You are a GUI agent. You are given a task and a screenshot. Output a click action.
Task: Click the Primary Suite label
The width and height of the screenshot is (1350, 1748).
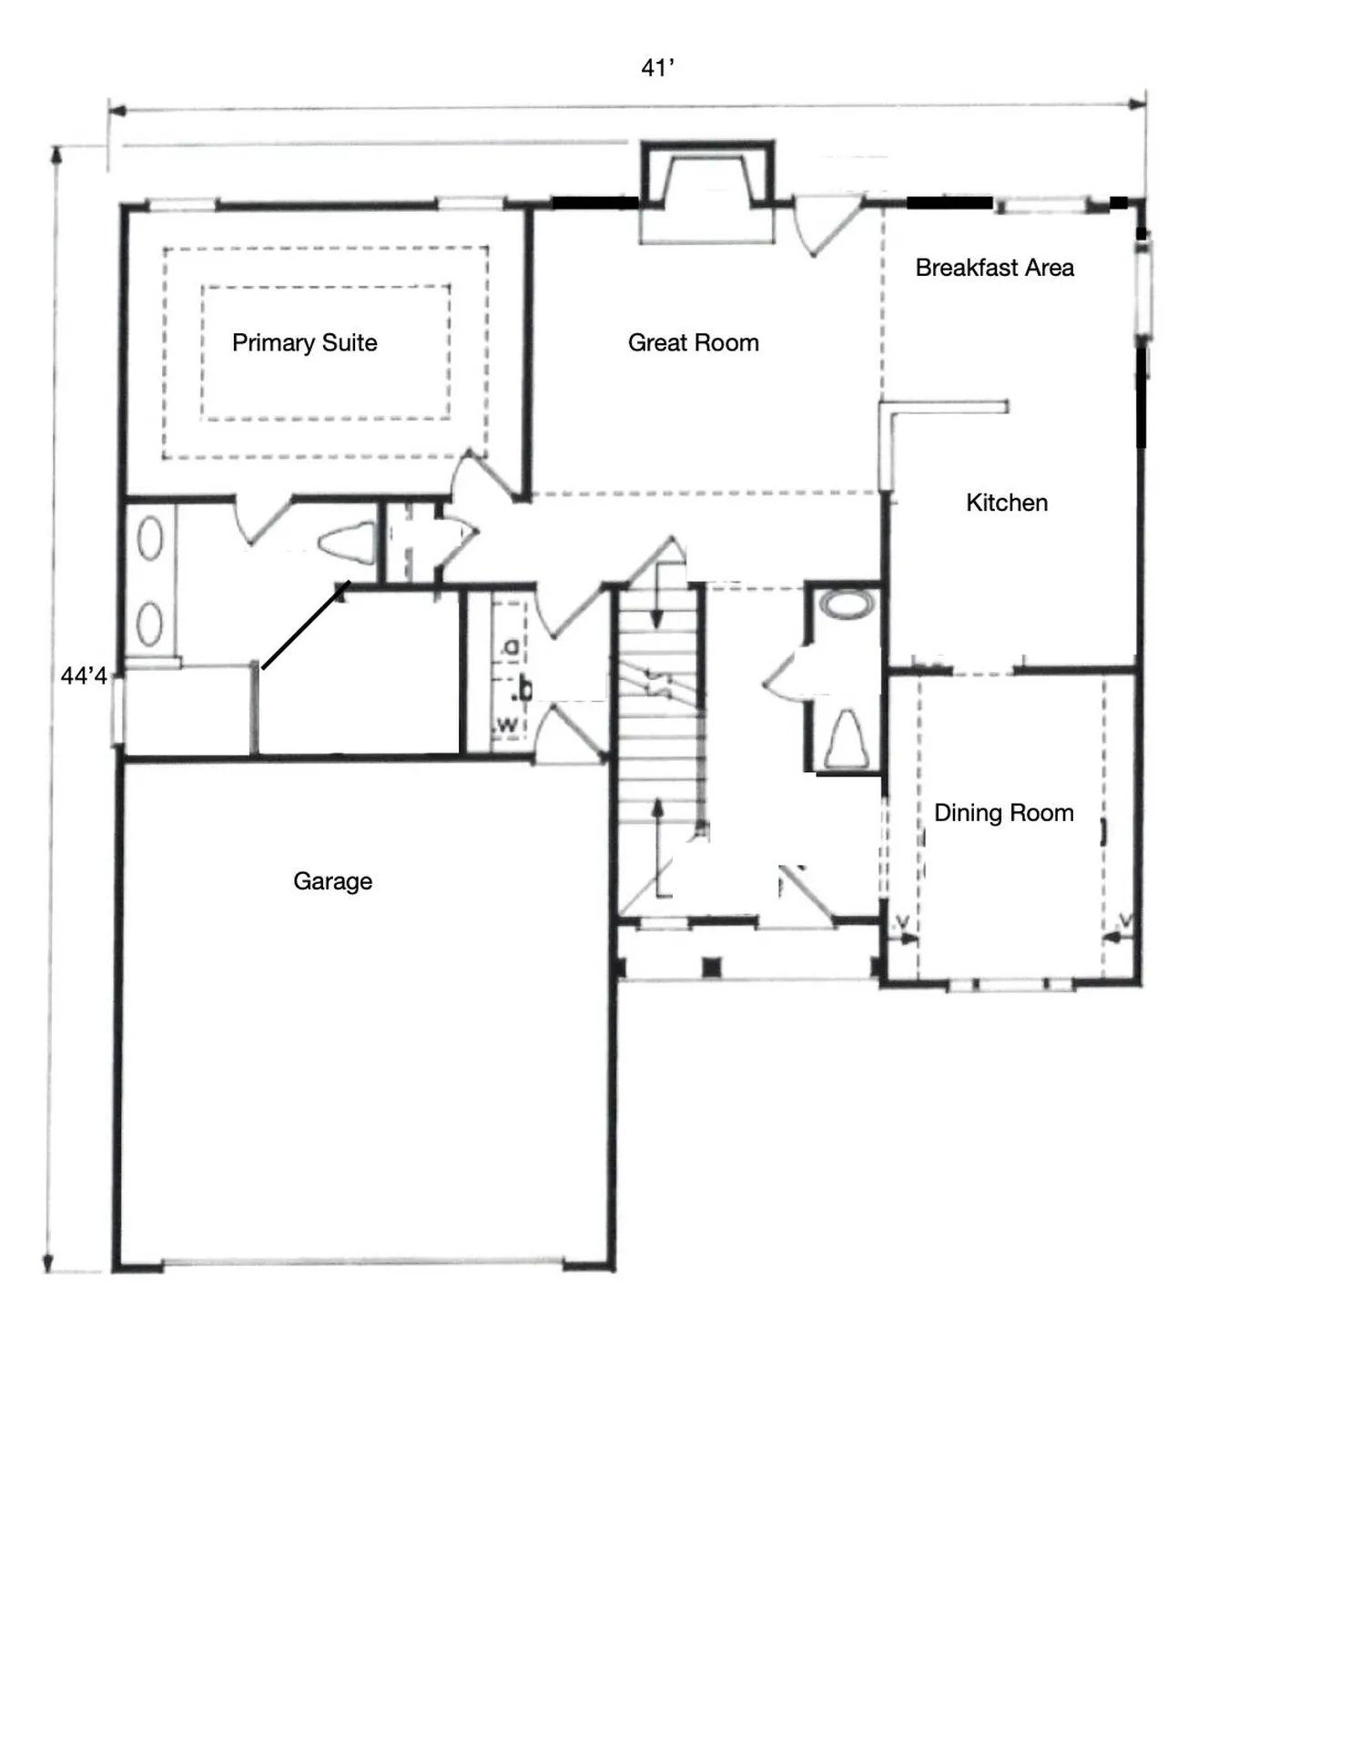(304, 343)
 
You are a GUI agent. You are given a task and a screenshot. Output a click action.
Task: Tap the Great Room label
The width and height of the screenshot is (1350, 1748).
(693, 343)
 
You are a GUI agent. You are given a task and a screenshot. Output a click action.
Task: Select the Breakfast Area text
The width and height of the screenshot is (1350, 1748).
(994, 268)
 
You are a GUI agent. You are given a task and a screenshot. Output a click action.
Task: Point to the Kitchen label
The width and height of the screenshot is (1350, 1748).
(1006, 503)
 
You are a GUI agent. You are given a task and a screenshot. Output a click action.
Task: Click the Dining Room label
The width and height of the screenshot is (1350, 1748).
(1003, 813)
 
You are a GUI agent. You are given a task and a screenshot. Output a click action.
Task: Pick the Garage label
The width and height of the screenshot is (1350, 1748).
(332, 881)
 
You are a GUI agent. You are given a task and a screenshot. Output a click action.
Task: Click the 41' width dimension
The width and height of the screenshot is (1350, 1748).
(657, 68)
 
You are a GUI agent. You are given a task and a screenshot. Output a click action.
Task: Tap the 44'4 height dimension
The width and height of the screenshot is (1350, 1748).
(84, 676)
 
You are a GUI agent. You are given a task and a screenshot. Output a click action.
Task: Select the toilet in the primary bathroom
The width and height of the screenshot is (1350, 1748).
(350, 544)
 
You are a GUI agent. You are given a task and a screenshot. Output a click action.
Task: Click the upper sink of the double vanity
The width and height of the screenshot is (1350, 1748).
(150, 538)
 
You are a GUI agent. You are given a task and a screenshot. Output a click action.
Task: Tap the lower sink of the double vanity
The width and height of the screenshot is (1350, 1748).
(150, 624)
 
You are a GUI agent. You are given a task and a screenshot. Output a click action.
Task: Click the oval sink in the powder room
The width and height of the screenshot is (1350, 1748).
(847, 604)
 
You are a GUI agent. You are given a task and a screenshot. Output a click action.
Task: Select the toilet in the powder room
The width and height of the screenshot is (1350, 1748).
(846, 739)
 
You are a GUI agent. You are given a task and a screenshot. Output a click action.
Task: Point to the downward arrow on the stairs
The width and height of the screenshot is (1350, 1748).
(656, 601)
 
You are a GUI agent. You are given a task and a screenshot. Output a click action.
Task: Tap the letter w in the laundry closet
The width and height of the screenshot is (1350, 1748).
(508, 726)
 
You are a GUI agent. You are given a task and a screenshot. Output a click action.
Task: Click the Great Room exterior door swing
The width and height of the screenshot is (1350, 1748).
(824, 228)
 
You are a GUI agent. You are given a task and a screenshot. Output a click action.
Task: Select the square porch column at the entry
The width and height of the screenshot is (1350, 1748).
(712, 967)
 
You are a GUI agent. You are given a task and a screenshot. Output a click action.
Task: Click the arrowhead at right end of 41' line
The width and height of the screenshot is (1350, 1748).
(1138, 104)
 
